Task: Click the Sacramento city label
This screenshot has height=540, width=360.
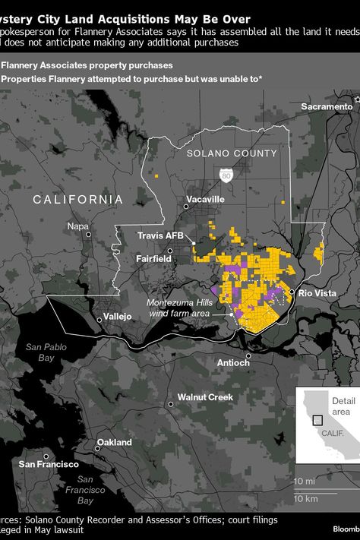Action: [x=327, y=106]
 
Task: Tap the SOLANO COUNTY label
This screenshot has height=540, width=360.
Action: [x=232, y=153]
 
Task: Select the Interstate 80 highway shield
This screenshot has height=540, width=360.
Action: [x=226, y=175]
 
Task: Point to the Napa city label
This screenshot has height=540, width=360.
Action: [x=77, y=226]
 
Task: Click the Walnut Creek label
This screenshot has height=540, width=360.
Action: [x=204, y=397]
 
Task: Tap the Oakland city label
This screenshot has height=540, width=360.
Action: [x=114, y=442]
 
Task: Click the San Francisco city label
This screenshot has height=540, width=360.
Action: [x=49, y=464]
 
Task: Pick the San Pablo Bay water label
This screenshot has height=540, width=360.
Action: [x=41, y=352]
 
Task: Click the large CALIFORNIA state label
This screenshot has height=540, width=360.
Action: [x=77, y=199]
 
